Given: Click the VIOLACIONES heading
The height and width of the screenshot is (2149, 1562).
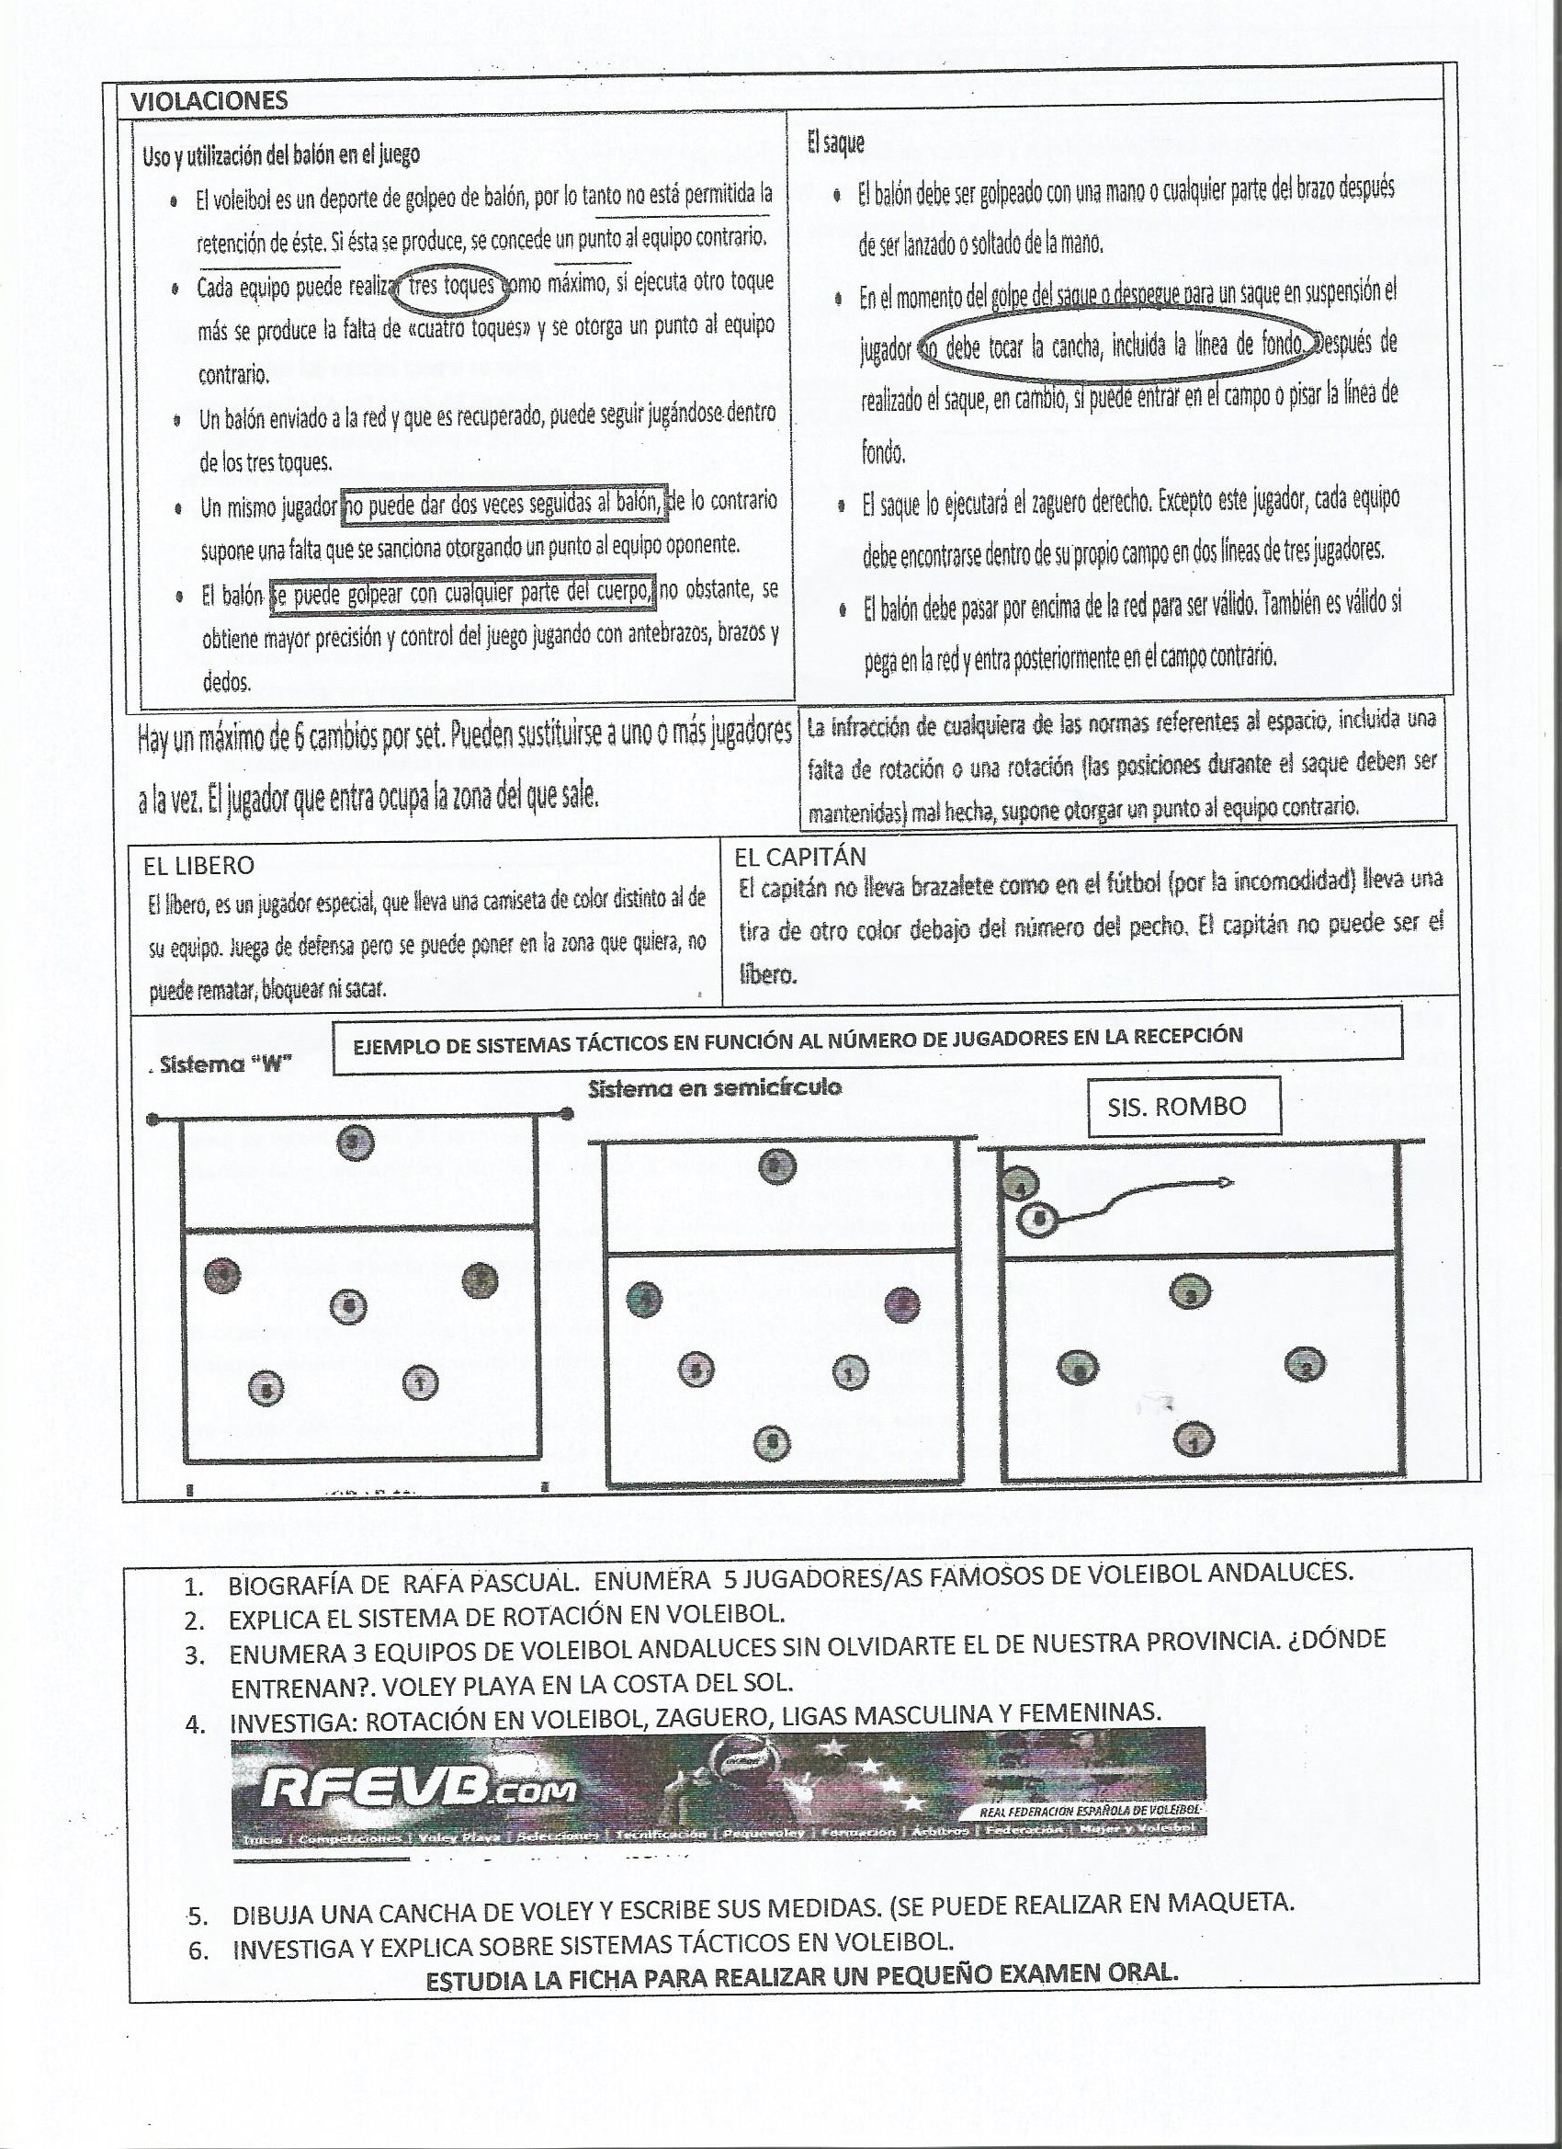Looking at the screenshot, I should [x=209, y=101].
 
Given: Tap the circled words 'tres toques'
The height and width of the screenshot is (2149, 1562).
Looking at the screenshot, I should [x=452, y=285].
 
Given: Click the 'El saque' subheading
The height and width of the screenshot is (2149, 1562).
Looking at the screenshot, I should [x=835, y=143].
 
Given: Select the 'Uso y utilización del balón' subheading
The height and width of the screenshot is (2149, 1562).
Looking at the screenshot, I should [x=281, y=155].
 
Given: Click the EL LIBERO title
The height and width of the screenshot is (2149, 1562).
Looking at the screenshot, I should [x=198, y=865].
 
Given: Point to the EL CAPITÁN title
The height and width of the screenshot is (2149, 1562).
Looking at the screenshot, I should [x=799, y=857].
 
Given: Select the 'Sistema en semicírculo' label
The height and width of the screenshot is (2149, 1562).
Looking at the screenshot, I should [x=714, y=1087].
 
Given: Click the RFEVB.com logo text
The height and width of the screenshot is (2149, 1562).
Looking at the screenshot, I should [x=418, y=1790].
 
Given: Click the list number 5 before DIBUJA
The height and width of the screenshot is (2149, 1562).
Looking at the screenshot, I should [x=197, y=1915].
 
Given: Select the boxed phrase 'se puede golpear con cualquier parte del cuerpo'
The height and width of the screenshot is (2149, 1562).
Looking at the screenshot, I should [x=462, y=594].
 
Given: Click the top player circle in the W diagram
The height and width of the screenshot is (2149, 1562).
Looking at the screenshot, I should [x=356, y=1143].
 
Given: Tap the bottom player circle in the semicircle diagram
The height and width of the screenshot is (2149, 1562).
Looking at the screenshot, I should [x=771, y=1443].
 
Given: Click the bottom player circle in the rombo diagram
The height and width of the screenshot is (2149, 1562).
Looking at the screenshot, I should [x=1194, y=1441].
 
